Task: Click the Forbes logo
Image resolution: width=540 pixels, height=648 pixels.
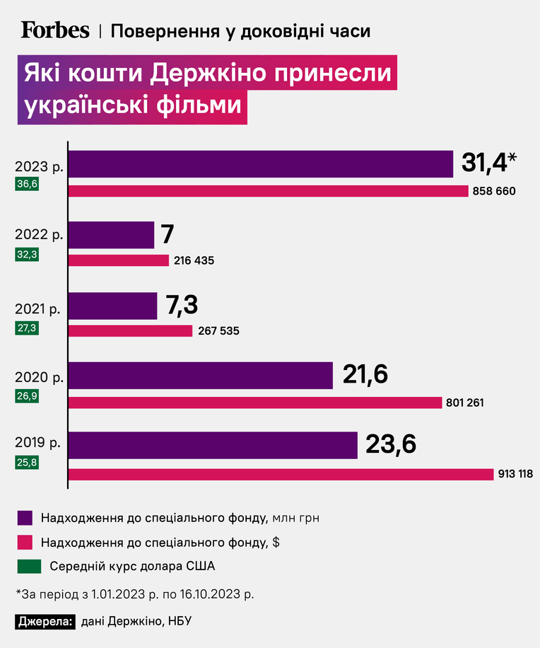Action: click(x=55, y=30)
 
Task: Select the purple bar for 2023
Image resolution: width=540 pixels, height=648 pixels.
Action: click(x=261, y=164)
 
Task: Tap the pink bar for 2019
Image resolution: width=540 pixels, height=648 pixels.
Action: click(x=281, y=475)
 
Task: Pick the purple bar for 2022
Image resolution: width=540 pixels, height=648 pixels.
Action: click(x=111, y=235)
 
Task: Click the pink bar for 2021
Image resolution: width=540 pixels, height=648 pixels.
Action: click(x=130, y=331)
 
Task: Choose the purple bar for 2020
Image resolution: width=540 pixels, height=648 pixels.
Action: click(x=200, y=376)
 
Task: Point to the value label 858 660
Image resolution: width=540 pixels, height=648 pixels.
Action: click(x=494, y=191)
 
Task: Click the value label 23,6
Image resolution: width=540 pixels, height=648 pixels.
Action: click(x=391, y=445)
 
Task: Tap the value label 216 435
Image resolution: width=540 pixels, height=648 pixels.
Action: click(x=194, y=260)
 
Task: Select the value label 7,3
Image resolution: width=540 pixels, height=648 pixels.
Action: click(x=182, y=305)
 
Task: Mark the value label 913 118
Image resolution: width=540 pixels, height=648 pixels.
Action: click(x=516, y=473)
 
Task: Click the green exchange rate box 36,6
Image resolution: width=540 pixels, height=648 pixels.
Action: click(x=27, y=183)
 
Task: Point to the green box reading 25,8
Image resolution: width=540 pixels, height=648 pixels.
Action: click(x=27, y=462)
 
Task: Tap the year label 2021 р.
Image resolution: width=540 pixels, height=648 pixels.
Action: click(x=37, y=308)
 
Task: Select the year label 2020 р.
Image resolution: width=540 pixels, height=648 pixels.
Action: click(x=39, y=377)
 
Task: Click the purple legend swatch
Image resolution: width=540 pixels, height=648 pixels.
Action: click(x=25, y=518)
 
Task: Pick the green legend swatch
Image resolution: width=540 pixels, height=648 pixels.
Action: click(x=29, y=567)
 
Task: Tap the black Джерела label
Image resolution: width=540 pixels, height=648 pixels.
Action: click(x=45, y=621)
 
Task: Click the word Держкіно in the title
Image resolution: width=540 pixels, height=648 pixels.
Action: click(x=208, y=73)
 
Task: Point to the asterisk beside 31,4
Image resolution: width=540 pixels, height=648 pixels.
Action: click(x=512, y=158)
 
